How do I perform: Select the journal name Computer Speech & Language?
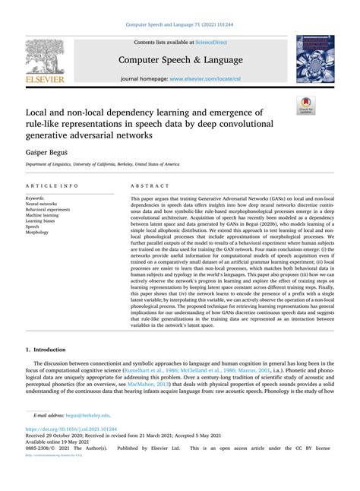[x=181, y=59]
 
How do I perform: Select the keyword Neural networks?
[x=41, y=204]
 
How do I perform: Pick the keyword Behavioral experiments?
[x=49, y=211]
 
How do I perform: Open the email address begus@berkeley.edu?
[x=87, y=416]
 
